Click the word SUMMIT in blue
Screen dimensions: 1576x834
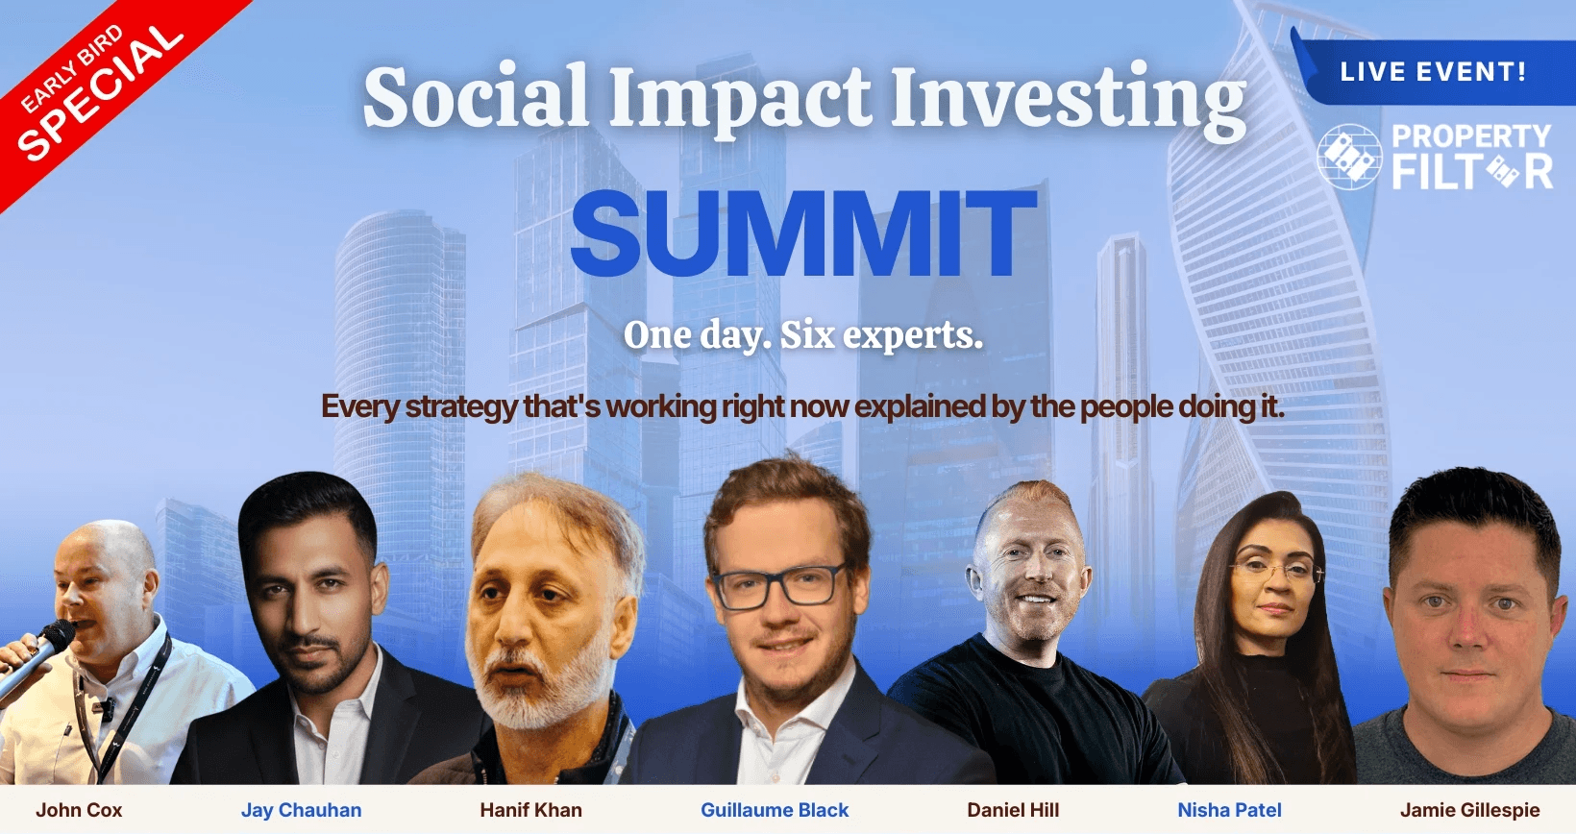click(x=803, y=233)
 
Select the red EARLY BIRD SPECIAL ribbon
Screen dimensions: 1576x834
click(x=106, y=85)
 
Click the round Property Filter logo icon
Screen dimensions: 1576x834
click(x=1349, y=157)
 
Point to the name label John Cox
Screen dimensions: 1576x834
click(x=79, y=810)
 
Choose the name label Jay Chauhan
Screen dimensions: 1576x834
click(x=301, y=810)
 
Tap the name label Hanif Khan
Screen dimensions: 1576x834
click(x=531, y=810)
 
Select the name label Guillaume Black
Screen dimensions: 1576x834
click(x=775, y=810)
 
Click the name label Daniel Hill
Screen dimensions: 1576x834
click(x=1013, y=810)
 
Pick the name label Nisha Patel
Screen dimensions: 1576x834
click(x=1230, y=810)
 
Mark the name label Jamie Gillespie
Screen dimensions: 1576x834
click(x=1469, y=810)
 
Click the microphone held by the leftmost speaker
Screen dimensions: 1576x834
click(x=36, y=657)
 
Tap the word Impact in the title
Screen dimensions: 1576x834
click(x=740, y=98)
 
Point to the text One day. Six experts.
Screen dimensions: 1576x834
click(x=802, y=335)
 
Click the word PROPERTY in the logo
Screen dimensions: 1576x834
click(x=1471, y=135)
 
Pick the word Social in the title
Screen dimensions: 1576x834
click(x=476, y=96)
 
